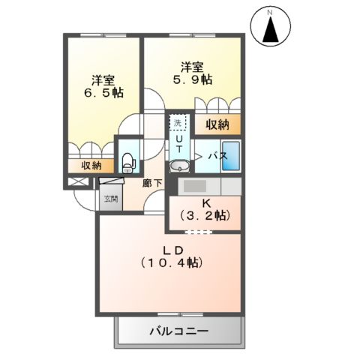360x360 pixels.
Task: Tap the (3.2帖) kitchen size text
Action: click(205, 216)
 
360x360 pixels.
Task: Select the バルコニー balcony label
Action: click(178, 330)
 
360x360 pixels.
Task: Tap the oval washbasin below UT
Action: click(180, 166)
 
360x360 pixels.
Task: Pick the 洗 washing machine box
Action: click(178, 122)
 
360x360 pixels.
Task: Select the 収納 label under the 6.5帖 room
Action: click(91, 166)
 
